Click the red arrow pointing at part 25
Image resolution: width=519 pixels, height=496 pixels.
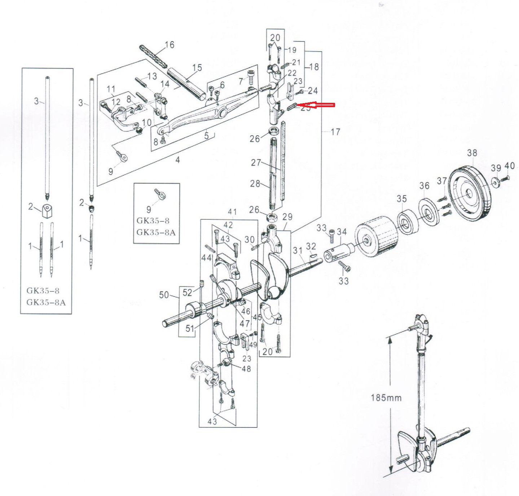(x=318, y=105)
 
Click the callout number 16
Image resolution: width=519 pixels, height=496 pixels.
(x=170, y=45)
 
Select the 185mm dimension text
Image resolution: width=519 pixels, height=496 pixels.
(x=386, y=398)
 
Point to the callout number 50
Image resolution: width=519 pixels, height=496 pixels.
(x=164, y=295)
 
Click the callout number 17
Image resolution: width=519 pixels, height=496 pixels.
(x=335, y=132)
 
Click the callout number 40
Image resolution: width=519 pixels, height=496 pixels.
(x=509, y=166)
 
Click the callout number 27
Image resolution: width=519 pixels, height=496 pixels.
(x=256, y=162)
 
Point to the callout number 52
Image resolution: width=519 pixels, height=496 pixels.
(x=187, y=292)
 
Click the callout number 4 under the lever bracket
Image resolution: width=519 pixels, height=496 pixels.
(x=177, y=159)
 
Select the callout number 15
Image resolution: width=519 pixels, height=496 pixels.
(x=197, y=68)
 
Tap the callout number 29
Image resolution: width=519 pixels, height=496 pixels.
(x=287, y=217)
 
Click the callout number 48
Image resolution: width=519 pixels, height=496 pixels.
(x=246, y=369)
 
